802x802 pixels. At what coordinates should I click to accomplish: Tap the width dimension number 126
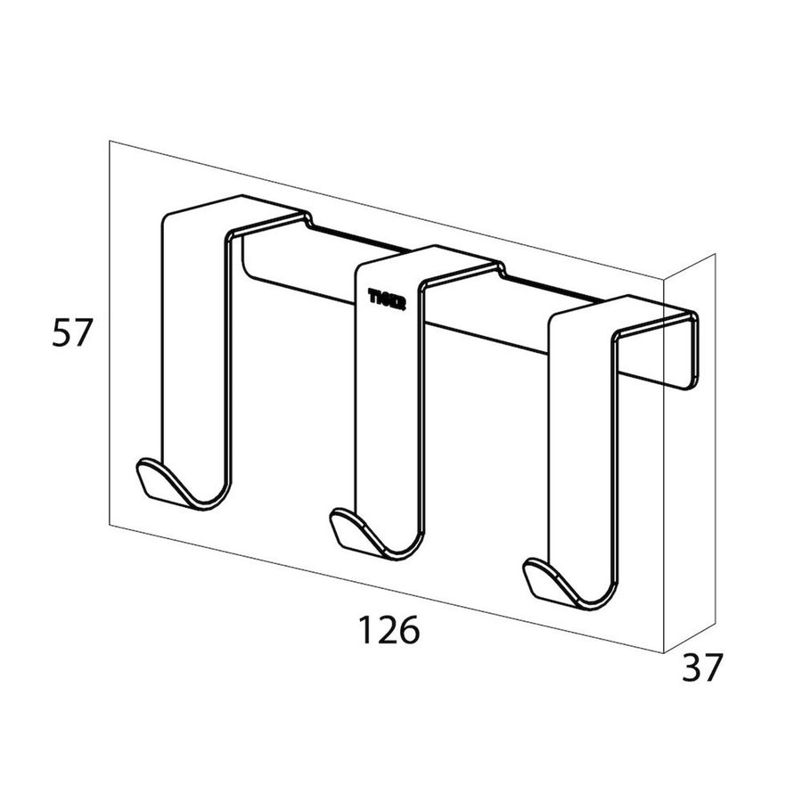pyautogui.click(x=389, y=631)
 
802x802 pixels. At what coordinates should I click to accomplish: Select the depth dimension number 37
pyautogui.click(x=701, y=667)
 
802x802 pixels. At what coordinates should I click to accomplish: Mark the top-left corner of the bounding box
pyautogui.click(x=109, y=141)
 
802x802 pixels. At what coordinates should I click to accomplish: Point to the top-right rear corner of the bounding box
pyautogui.click(x=716, y=254)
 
